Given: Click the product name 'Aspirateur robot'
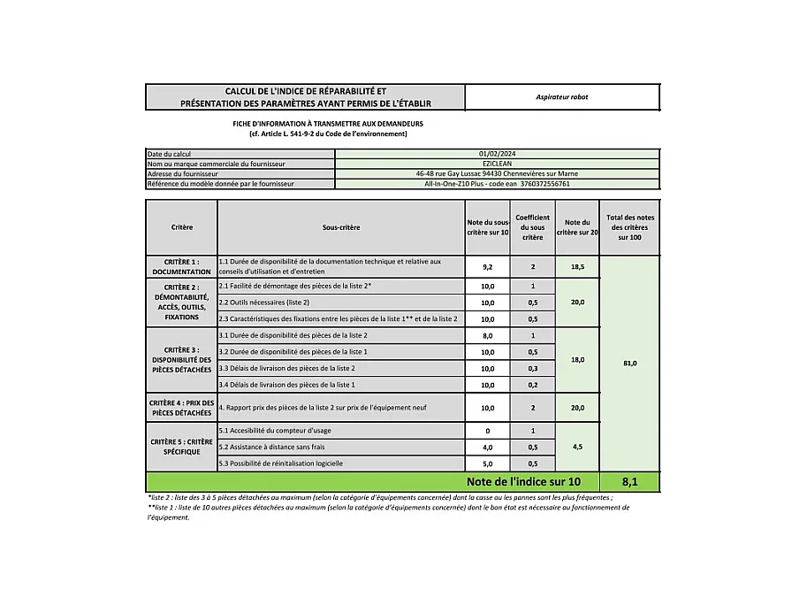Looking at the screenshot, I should tap(561, 96).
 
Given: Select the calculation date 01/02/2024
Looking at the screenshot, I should tap(497, 154).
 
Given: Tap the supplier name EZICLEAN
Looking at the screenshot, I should tap(497, 164).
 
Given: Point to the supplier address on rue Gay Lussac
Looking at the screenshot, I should tap(497, 174).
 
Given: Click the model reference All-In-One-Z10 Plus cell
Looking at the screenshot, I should tap(497, 184).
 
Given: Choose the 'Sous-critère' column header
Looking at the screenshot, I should tap(341, 227).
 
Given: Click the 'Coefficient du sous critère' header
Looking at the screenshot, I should tap(532, 227).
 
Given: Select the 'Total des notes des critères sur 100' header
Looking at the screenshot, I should tap(629, 227).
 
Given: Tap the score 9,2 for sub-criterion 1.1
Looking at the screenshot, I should tap(487, 266).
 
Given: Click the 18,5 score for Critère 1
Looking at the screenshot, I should tap(577, 266).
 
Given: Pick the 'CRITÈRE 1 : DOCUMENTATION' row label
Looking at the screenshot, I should tap(181, 266).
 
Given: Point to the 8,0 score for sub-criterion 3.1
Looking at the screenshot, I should tap(487, 336).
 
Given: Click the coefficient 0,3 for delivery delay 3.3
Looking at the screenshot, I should tap(532, 368).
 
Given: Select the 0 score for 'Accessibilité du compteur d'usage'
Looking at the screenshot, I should tap(487, 431).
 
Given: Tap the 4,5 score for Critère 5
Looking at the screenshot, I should tap(577, 447).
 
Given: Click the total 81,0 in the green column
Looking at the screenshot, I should tap(629, 363).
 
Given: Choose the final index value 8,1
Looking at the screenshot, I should tap(629, 482).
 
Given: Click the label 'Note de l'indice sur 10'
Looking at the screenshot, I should tap(524, 482).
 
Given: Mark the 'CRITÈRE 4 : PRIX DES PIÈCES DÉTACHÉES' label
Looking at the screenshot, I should tap(181, 408).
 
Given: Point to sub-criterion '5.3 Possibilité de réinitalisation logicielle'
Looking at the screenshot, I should tap(280, 463).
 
